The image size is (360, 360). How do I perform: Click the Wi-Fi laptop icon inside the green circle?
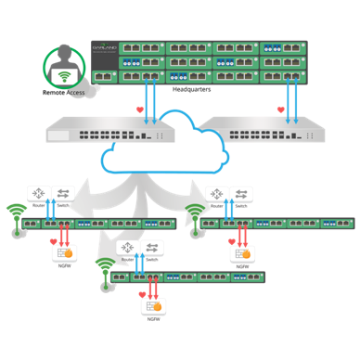coord(63,76)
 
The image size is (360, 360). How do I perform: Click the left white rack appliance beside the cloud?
coord(109,131)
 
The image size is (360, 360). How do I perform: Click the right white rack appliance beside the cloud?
coord(264,131)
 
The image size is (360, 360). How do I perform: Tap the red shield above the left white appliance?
coord(139,111)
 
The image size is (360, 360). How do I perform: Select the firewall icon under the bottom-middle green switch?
coord(154,305)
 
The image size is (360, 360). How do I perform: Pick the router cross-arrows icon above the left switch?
coord(38,194)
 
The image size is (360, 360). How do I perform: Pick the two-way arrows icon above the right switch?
coord(240,194)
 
